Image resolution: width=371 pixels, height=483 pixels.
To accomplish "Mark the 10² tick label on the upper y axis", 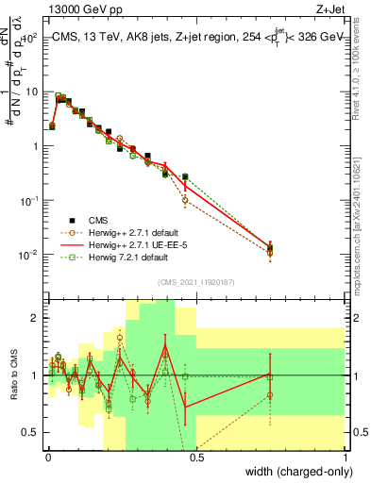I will coord(30,39).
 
